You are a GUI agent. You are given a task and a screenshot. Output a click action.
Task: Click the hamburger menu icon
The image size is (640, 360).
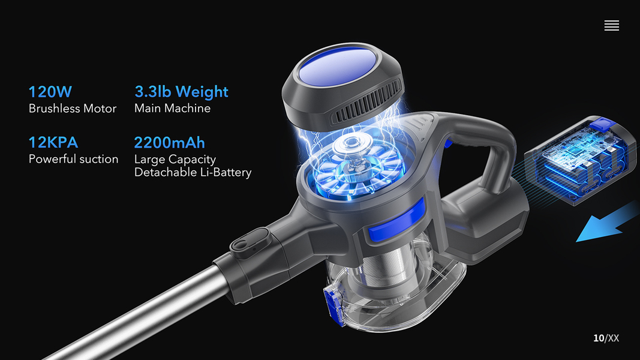(x=611, y=25)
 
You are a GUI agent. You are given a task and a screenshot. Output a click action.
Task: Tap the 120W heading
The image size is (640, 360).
(x=50, y=92)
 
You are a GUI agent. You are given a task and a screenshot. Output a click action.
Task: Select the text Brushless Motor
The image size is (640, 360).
(x=73, y=109)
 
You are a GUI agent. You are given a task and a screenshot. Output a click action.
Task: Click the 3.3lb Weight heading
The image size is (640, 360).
(x=181, y=92)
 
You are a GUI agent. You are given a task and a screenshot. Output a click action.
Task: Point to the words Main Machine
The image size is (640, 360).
(x=172, y=108)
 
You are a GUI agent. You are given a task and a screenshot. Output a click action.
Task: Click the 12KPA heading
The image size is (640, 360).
(x=53, y=142)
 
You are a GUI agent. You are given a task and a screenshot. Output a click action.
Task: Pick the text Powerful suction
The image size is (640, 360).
(x=73, y=159)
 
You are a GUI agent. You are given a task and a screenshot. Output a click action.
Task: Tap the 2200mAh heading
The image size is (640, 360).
(x=169, y=142)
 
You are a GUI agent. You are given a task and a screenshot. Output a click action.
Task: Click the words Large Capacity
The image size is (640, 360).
(x=175, y=159)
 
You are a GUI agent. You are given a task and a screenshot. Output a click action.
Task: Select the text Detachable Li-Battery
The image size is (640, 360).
(x=193, y=172)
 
